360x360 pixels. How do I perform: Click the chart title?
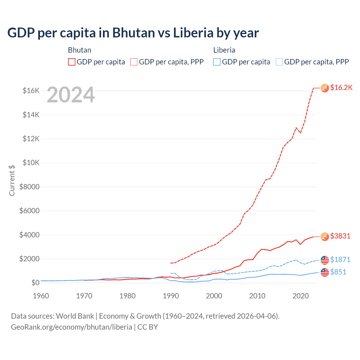pyautogui.click(x=133, y=33)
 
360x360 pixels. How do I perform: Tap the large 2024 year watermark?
pyautogui.click(x=71, y=95)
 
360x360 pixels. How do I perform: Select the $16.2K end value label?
pyautogui.click(x=341, y=87)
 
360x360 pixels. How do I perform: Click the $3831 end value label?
pyautogui.click(x=340, y=236)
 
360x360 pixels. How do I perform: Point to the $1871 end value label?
pyautogui.click(x=340, y=260)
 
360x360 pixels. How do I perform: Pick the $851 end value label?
pyautogui.click(x=338, y=272)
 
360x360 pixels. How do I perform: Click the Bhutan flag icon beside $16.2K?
pyautogui.click(x=325, y=88)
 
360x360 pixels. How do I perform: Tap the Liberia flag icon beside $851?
pyautogui.click(x=325, y=272)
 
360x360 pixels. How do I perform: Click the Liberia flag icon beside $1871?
pyautogui.click(x=325, y=260)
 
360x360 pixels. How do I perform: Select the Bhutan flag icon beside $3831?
pyautogui.click(x=325, y=237)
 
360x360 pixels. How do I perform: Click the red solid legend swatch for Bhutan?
pyautogui.click(x=72, y=62)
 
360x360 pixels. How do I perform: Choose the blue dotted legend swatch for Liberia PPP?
pyautogui.click(x=279, y=62)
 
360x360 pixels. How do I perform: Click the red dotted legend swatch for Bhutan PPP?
pyautogui.click(x=134, y=62)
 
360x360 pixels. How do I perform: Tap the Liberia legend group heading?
pyautogui.click(x=224, y=50)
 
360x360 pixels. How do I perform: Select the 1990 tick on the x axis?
pyautogui.click(x=171, y=296)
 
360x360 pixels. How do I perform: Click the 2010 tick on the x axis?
pyautogui.click(x=257, y=296)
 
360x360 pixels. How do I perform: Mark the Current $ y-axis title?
pyautogui.click(x=12, y=180)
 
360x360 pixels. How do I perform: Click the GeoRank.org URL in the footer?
pyautogui.click(x=71, y=327)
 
